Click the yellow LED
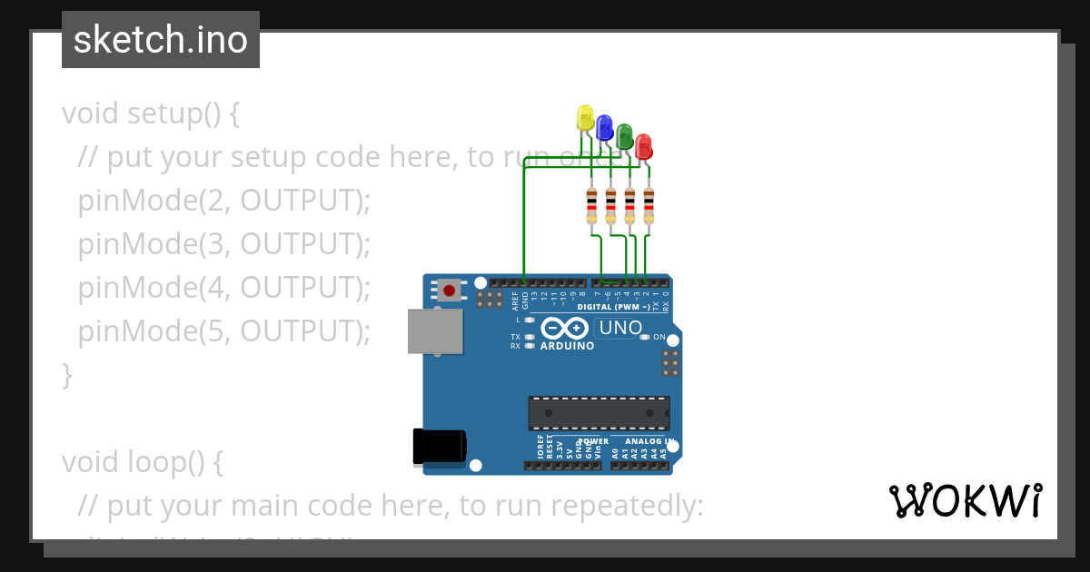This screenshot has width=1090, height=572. tap(585, 117)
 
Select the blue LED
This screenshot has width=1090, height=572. tap(604, 127)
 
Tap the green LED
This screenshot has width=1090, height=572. tap(624, 137)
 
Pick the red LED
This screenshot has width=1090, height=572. tap(643, 146)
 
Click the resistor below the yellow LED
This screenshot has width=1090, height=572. tap(591, 206)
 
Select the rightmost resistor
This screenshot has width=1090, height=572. tap(649, 206)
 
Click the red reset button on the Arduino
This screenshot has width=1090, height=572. tap(449, 290)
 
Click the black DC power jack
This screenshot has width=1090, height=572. tap(439, 445)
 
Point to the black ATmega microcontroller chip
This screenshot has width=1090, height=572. tap(599, 413)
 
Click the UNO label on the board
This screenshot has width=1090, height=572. tap(620, 328)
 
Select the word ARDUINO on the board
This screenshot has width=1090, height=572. tap(567, 346)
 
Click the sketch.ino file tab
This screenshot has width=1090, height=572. tap(161, 40)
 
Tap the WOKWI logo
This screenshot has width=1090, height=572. tap(965, 500)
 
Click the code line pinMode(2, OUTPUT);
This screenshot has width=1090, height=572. tap(224, 201)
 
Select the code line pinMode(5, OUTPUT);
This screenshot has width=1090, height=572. tap(224, 331)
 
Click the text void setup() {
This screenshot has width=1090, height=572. tap(151, 113)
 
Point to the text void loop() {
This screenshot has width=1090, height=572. tap(143, 462)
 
